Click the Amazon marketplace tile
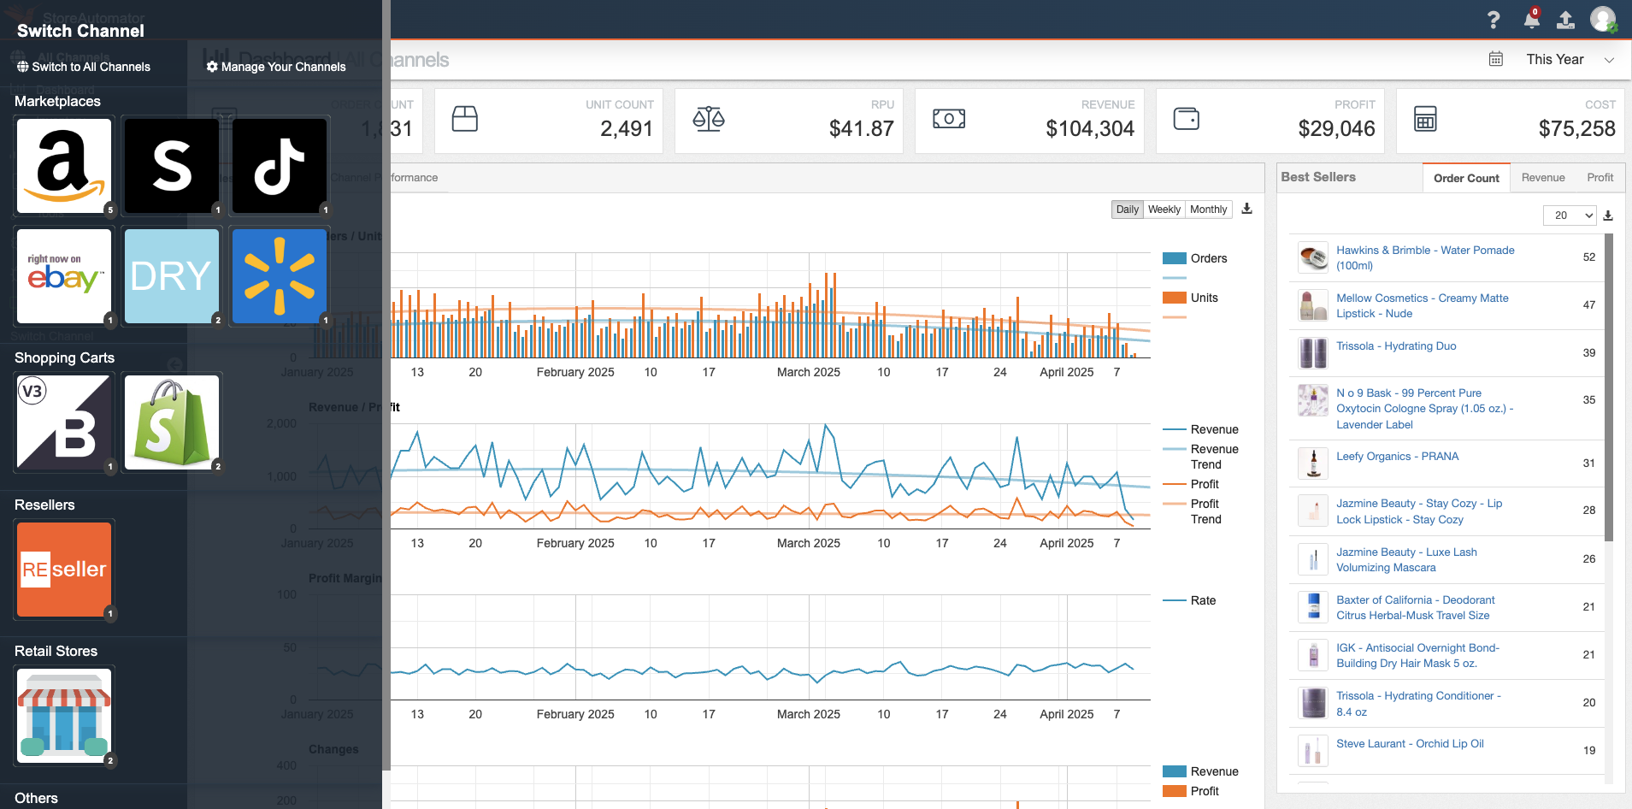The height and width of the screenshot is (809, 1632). tap(64, 166)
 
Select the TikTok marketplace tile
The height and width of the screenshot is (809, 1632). tap(280, 166)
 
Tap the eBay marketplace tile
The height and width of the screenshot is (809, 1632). tap(64, 275)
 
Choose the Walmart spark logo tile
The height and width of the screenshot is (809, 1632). tap(280, 275)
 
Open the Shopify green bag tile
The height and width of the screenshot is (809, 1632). tap(172, 422)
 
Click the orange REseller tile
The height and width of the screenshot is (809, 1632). tap(64, 569)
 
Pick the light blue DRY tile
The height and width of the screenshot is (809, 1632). tap(172, 275)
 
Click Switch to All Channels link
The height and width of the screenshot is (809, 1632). tap(84, 67)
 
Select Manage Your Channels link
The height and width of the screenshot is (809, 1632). tap(276, 67)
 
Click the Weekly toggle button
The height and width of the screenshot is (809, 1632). tap(1164, 210)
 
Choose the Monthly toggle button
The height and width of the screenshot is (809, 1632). tap(1208, 210)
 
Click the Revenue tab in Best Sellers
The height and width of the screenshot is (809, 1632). tap(1542, 178)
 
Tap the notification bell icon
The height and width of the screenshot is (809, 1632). tap(1531, 21)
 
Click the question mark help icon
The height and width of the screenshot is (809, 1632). tap(1494, 21)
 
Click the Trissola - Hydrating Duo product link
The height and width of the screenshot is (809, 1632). tap(1395, 346)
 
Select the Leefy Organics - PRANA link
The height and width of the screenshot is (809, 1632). tap(1397, 457)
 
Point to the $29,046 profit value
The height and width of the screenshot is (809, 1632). tap(1336, 129)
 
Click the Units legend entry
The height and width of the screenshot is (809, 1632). tap(1204, 298)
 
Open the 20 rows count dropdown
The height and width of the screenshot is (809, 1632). tap(1570, 216)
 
